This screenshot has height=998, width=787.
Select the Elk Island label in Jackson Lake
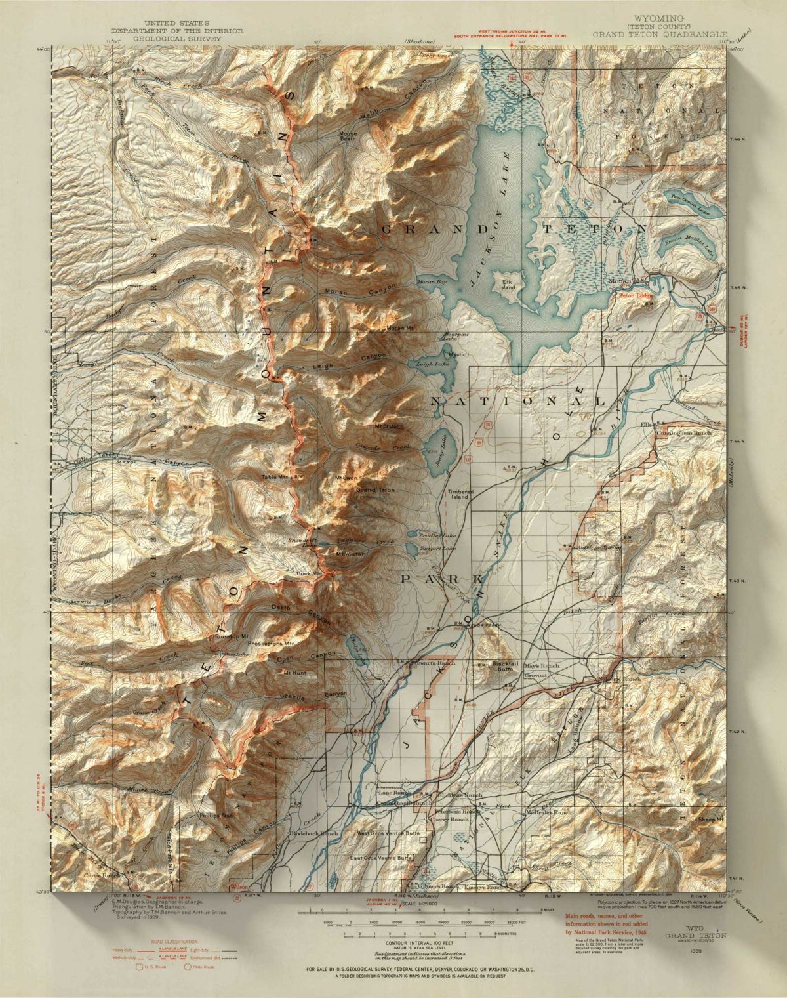coord(508,283)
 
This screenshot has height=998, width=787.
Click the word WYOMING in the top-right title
coord(659,17)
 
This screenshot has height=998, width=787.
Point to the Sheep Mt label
coord(711,820)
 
